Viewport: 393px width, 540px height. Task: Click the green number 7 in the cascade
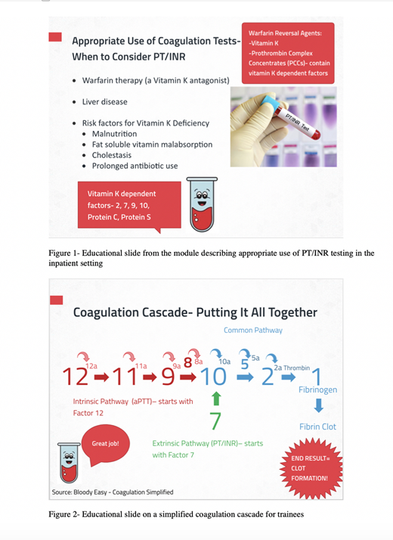(x=215, y=421)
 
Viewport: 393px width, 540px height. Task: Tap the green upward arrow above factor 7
(x=215, y=399)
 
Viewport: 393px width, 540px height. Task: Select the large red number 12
(x=76, y=377)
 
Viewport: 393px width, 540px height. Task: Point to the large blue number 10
(x=213, y=377)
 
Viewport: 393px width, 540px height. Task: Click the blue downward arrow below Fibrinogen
(x=319, y=405)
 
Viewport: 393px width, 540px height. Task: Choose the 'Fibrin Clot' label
(x=317, y=427)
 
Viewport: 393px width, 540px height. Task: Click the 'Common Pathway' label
(x=253, y=330)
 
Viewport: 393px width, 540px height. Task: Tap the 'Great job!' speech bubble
(x=106, y=445)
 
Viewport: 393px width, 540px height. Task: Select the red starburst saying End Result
(x=311, y=468)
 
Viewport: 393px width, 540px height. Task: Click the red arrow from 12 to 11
(x=101, y=377)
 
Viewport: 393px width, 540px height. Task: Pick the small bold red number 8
(x=187, y=362)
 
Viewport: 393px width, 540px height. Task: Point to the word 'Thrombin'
(x=297, y=368)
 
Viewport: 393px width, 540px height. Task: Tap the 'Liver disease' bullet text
(x=104, y=101)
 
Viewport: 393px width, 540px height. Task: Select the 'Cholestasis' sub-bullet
(x=112, y=155)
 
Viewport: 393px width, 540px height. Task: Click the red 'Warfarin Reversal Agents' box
(x=288, y=53)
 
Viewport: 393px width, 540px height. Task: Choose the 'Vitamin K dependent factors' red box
(x=129, y=205)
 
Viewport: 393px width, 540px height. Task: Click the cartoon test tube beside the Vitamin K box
(x=202, y=204)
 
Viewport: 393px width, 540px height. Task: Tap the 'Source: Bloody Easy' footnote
(x=113, y=492)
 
